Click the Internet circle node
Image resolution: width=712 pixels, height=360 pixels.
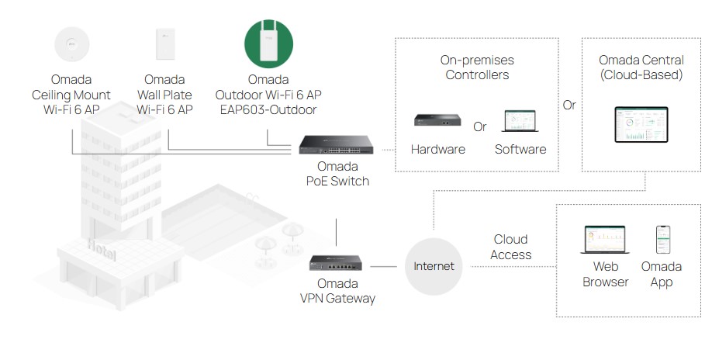(x=434, y=266)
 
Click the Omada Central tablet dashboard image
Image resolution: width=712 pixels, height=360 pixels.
(x=641, y=125)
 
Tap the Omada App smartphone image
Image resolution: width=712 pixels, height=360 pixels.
(x=662, y=240)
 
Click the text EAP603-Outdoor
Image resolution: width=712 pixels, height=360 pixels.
(x=269, y=110)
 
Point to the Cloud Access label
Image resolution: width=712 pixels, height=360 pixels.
(x=510, y=247)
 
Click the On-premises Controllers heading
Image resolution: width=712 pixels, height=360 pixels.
(x=477, y=67)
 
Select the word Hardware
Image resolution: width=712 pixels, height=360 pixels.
(x=438, y=149)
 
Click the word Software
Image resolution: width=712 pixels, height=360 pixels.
(x=520, y=149)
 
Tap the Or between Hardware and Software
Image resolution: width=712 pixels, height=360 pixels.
(x=480, y=126)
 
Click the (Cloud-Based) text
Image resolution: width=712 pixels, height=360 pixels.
(x=641, y=75)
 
